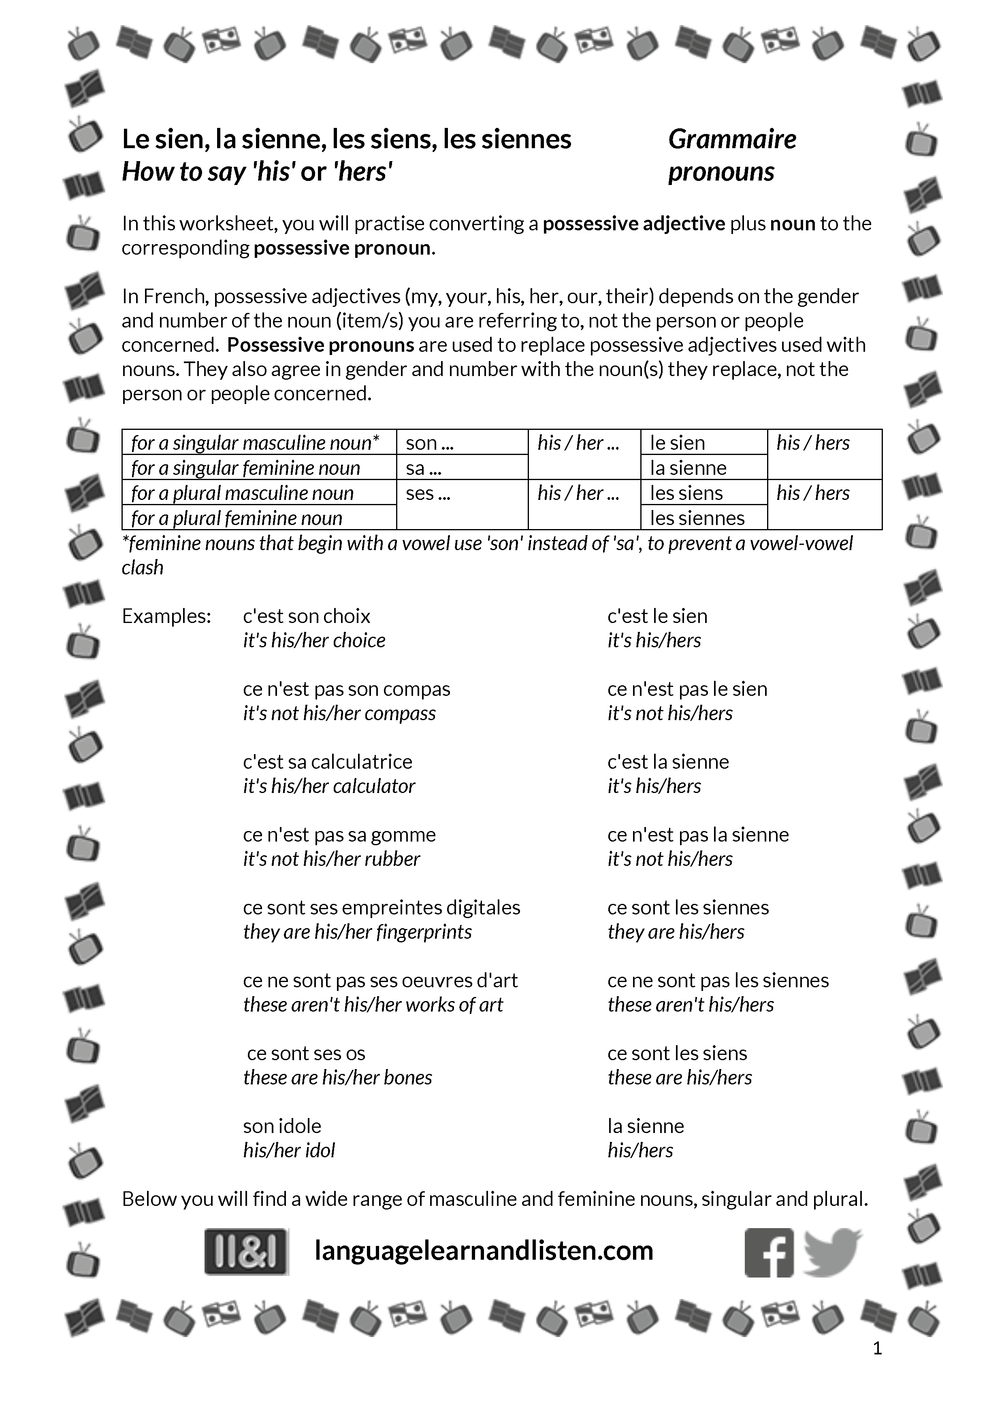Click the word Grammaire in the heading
(x=732, y=139)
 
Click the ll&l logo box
(x=246, y=1251)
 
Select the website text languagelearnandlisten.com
(x=484, y=1250)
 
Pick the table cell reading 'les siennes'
(x=697, y=518)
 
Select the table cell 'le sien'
(x=678, y=443)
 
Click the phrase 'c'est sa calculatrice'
(x=327, y=761)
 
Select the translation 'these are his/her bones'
(x=337, y=1078)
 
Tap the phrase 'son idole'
(x=282, y=1126)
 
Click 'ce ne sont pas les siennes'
(x=718, y=980)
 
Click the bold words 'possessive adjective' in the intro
(x=633, y=223)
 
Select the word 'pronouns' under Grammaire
(x=720, y=172)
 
